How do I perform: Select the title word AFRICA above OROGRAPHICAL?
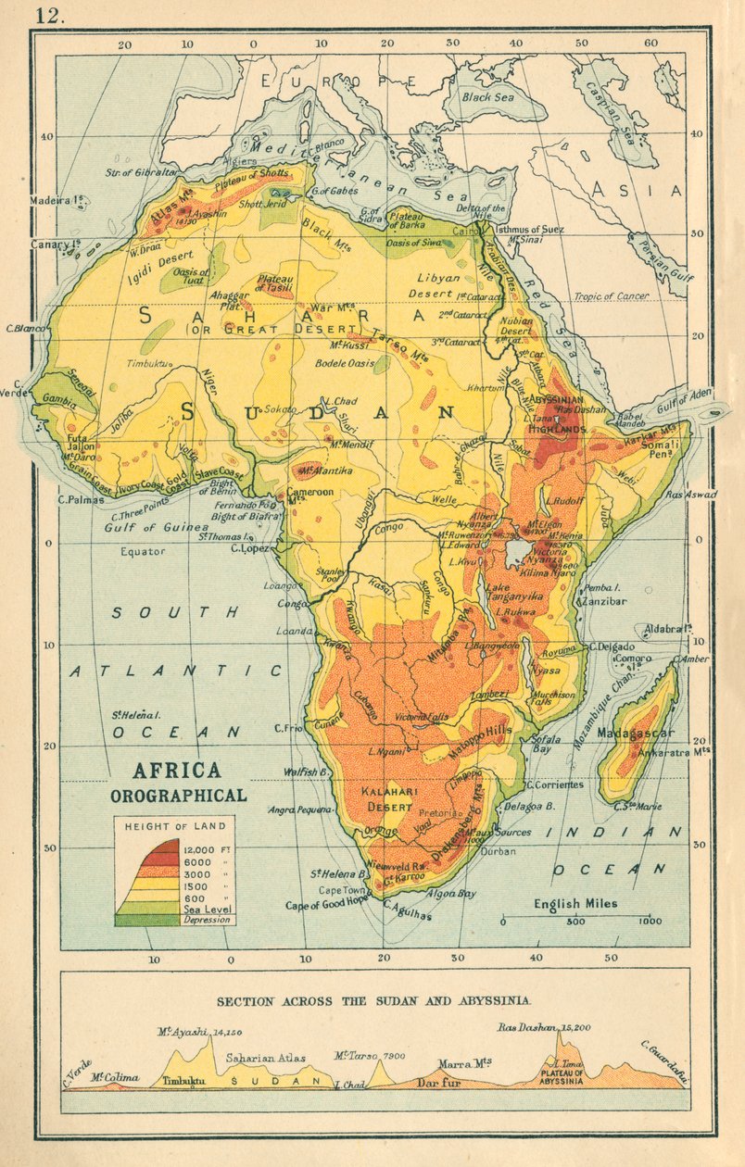[x=177, y=771]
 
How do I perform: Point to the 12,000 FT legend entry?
[x=206, y=848]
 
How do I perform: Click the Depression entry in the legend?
[x=205, y=920]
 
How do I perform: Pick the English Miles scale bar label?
[x=575, y=902]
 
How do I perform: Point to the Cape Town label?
[x=338, y=890]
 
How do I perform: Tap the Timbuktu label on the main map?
[x=149, y=364]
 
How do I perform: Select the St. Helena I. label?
[x=137, y=714]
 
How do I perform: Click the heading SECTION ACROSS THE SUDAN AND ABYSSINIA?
[x=373, y=1001]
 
